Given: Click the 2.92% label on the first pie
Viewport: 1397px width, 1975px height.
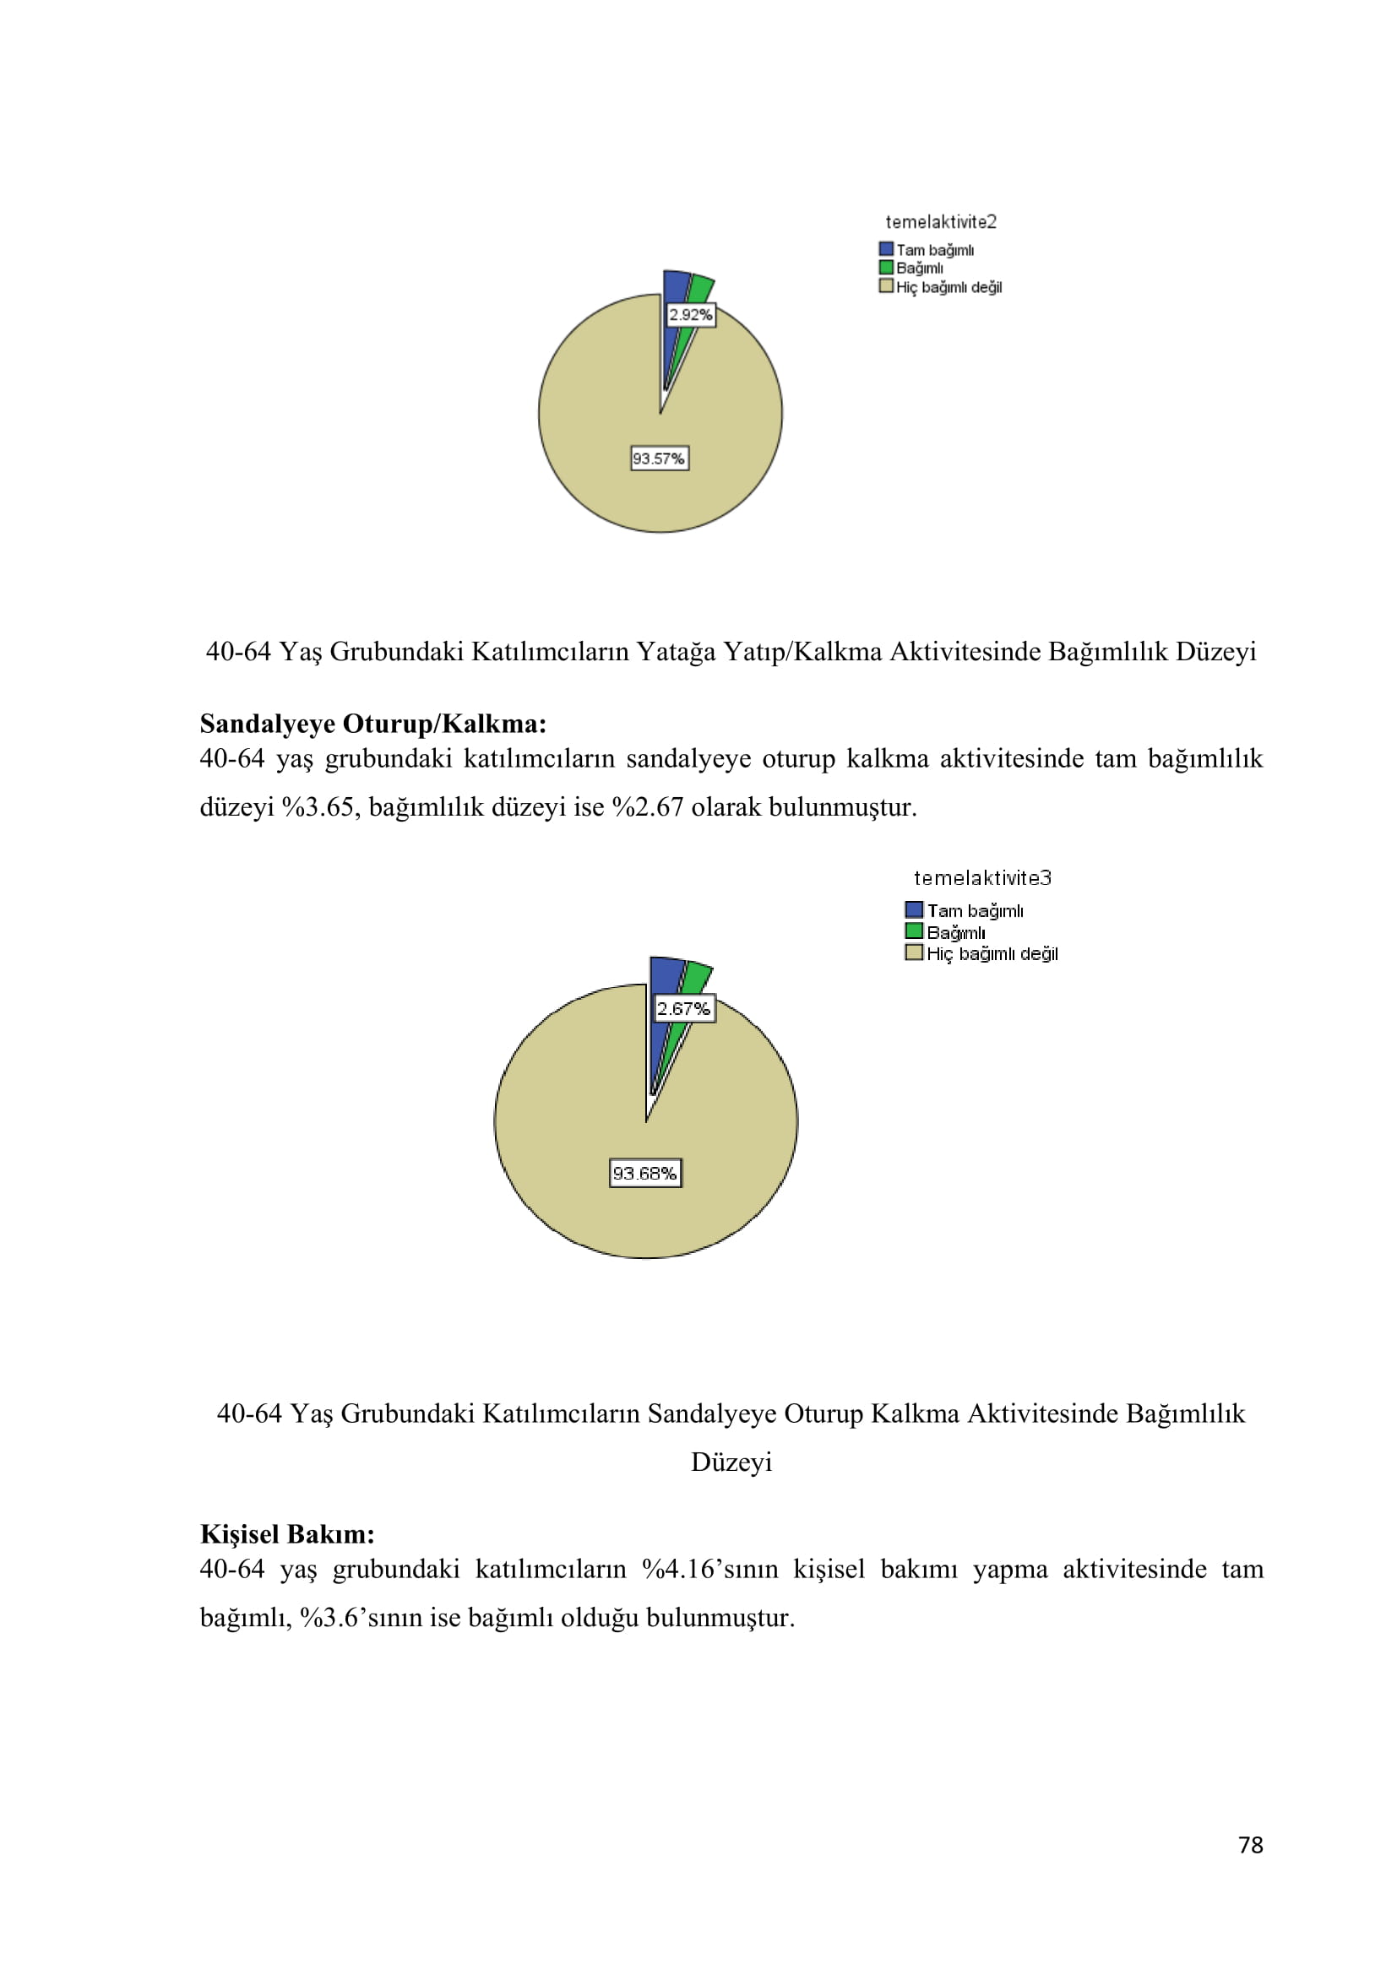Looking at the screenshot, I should [x=690, y=315].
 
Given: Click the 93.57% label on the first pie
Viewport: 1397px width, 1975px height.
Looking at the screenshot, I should [x=659, y=458].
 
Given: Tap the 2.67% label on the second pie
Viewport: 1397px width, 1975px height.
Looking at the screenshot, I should [x=684, y=1008].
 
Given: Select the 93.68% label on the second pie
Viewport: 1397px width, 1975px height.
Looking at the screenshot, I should [x=645, y=1174].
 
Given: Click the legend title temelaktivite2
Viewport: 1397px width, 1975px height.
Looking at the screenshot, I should [x=941, y=222].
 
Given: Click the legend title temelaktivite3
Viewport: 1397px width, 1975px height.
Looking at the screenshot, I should [x=982, y=878].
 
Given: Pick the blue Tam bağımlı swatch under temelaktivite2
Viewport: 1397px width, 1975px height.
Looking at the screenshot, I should [x=886, y=248].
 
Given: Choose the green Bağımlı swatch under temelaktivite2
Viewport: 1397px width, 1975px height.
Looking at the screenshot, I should [x=886, y=268].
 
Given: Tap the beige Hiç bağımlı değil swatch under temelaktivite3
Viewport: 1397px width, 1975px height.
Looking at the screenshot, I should [x=914, y=952].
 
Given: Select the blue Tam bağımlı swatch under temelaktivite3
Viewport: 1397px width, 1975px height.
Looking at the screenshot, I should [x=914, y=909].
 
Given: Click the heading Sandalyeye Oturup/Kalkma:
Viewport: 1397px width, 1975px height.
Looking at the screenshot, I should [x=372, y=724].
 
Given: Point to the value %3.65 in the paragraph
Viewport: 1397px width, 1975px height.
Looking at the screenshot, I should [x=319, y=807].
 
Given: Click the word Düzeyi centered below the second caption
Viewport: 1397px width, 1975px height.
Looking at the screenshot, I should [x=731, y=1462].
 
